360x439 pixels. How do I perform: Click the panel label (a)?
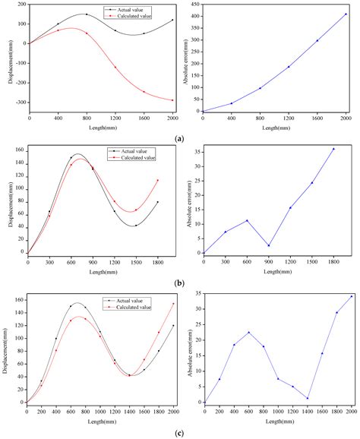point(180,139)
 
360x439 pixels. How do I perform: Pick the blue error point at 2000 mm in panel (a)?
point(346,14)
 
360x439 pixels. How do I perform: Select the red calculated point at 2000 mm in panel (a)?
point(172,100)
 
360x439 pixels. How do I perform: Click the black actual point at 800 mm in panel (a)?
point(86,14)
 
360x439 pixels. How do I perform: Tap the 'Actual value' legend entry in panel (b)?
point(136,151)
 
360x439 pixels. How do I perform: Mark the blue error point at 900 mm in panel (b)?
point(270,245)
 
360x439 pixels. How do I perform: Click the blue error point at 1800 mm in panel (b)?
point(333,149)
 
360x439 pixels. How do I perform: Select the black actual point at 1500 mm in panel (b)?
point(136,226)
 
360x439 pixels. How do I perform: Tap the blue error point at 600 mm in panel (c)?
point(248,332)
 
